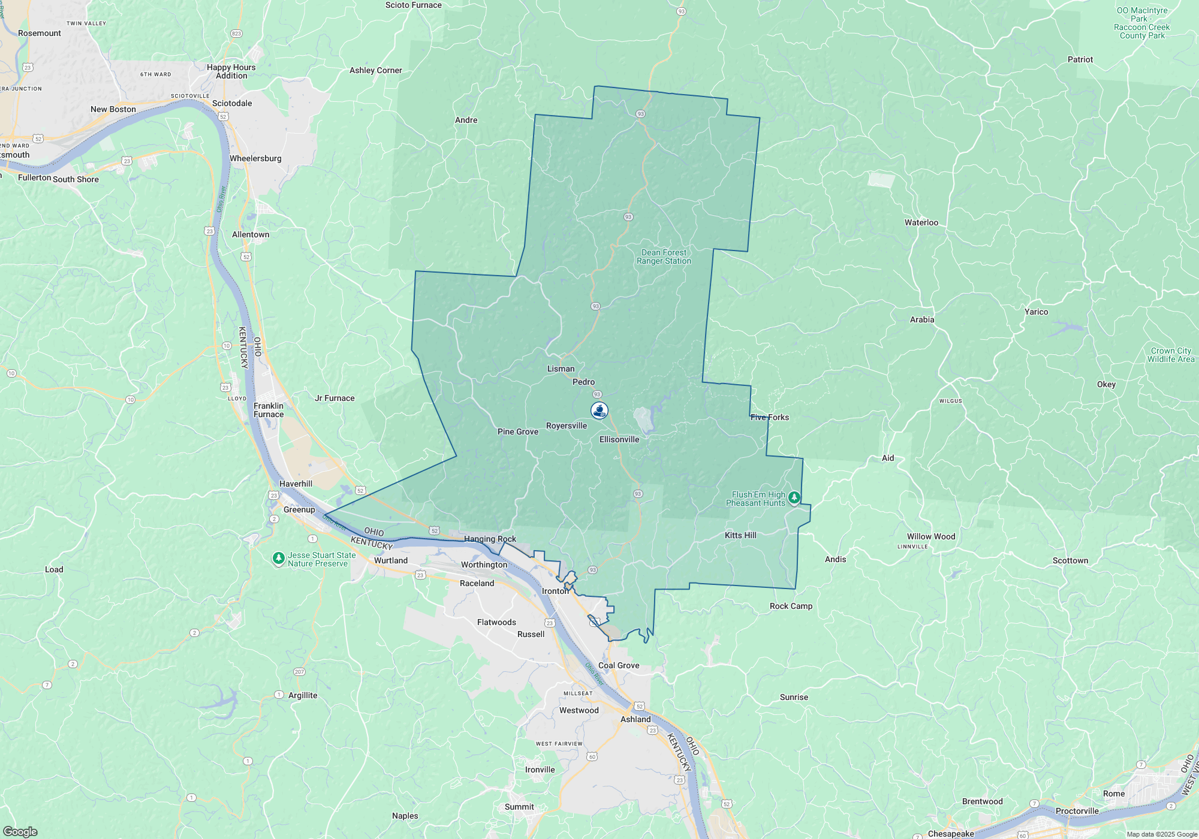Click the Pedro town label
coord(583,382)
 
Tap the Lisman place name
coord(561,369)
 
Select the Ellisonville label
coord(619,440)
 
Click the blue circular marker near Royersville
coord(599,411)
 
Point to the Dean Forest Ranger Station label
coord(664,257)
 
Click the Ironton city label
coord(555,591)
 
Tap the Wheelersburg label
coord(255,159)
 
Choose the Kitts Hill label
coord(740,536)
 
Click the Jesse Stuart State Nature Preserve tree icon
coord(278,559)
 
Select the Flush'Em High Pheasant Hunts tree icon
coord(794,497)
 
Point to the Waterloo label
coord(921,223)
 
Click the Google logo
coord(20,831)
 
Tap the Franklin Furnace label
coord(269,411)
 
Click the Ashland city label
coord(635,720)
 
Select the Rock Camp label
coord(791,606)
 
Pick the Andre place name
coord(466,120)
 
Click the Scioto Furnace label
coord(413,5)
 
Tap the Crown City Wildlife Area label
coord(1171,355)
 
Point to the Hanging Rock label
coord(490,539)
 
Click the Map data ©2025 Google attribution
coord(1162,834)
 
